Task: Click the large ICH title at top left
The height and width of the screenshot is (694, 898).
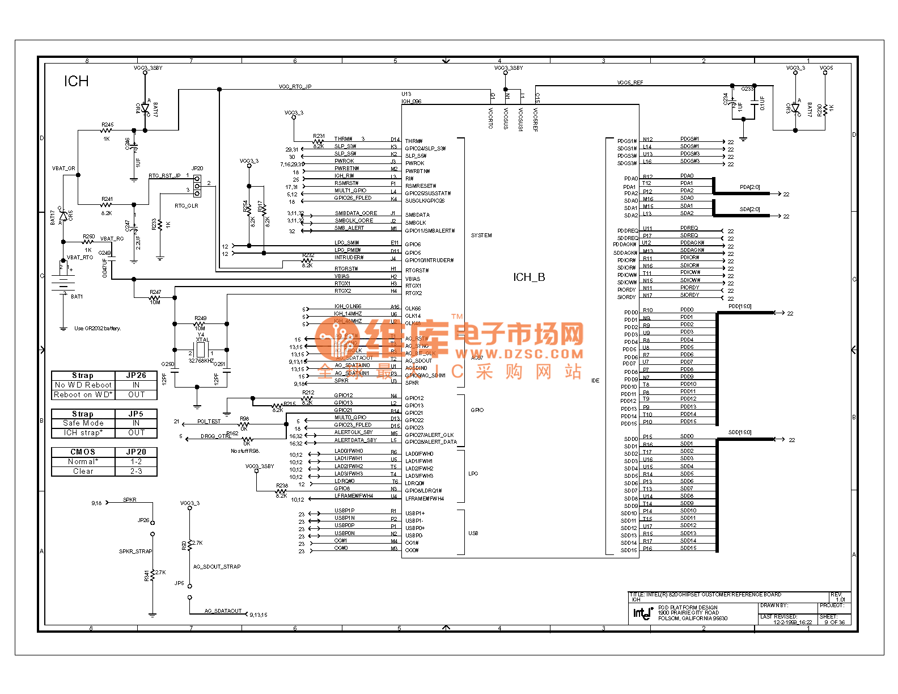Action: tap(76, 82)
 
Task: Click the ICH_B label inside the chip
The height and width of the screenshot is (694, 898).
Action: tap(529, 277)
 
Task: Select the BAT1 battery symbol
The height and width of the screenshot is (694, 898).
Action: tap(63, 283)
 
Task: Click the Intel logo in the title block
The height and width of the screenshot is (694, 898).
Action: tap(643, 613)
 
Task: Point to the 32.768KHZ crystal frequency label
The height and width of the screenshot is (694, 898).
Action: tap(201, 361)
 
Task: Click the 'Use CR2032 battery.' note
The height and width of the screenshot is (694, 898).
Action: tap(98, 329)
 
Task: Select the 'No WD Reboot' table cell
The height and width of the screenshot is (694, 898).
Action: tap(83, 385)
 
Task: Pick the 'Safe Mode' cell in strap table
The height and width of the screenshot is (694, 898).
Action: tap(83, 423)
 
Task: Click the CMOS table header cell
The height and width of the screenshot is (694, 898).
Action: tap(83, 452)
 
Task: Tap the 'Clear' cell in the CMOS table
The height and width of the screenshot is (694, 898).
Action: tap(83, 472)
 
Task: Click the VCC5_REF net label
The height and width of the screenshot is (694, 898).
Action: tap(630, 83)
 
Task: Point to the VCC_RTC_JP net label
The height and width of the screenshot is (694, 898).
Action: tap(295, 87)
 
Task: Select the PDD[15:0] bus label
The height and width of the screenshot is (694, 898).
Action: tap(740, 306)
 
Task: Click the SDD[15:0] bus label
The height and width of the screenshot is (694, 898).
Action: tap(740, 432)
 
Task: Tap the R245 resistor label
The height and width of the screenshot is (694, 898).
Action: tap(107, 125)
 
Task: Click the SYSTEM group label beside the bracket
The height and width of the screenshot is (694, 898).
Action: tap(481, 235)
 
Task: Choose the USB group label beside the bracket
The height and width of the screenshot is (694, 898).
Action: tap(473, 533)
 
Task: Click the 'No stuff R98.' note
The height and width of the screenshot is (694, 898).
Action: tap(245, 451)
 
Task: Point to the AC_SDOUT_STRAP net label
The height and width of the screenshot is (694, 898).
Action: tap(217, 567)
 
